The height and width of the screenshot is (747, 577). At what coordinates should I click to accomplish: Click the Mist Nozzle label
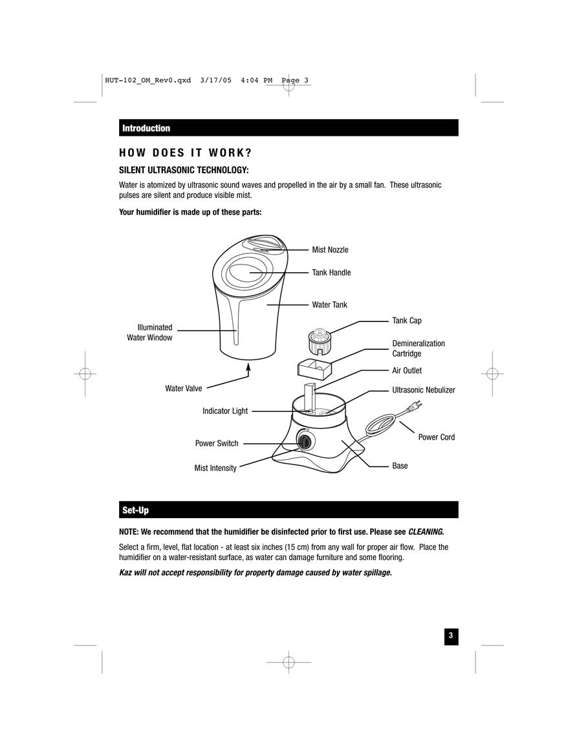point(330,250)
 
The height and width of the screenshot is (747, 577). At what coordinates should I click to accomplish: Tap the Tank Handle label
point(331,272)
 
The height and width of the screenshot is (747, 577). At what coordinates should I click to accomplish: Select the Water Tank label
point(330,305)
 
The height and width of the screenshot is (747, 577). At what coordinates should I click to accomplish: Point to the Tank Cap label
point(407,321)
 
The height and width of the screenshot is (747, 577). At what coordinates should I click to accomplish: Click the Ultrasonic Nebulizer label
point(424,390)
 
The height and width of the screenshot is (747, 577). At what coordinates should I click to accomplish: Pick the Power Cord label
point(437,437)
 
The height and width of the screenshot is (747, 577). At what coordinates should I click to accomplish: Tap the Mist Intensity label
point(215,468)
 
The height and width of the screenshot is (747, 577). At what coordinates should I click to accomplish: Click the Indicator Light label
point(225,411)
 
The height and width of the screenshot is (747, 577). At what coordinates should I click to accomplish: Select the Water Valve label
point(184,388)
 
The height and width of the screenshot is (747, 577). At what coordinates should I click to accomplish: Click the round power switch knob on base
point(304,439)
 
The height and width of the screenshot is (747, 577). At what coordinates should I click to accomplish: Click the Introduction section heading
point(146,128)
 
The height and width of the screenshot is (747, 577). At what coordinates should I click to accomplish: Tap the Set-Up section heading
point(135,510)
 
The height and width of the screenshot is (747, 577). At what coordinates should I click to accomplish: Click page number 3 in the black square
point(452,636)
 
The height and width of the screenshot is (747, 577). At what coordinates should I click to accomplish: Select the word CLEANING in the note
point(425,532)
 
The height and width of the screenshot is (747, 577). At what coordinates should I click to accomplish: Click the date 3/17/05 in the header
point(216,80)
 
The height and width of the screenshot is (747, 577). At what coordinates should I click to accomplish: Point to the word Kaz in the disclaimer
point(125,572)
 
